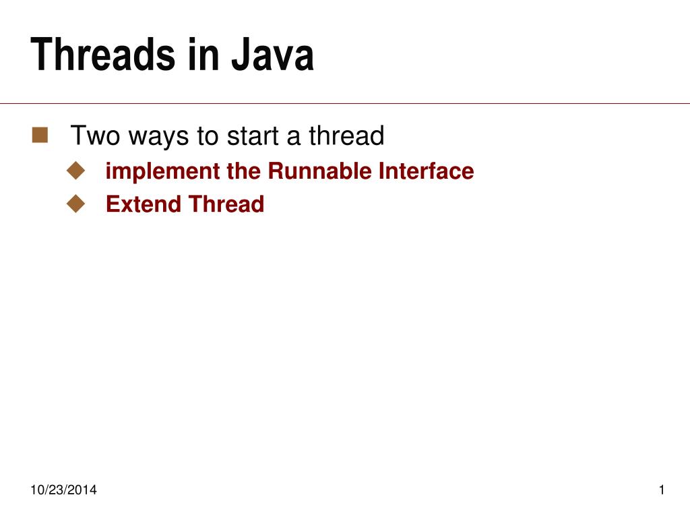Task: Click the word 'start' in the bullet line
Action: click(x=252, y=137)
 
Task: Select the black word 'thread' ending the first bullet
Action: click(x=346, y=136)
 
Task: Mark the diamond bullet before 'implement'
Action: click(x=76, y=171)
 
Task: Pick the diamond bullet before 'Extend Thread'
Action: click(x=76, y=203)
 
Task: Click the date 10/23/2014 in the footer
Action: click(x=63, y=490)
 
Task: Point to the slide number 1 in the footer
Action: click(x=662, y=490)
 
